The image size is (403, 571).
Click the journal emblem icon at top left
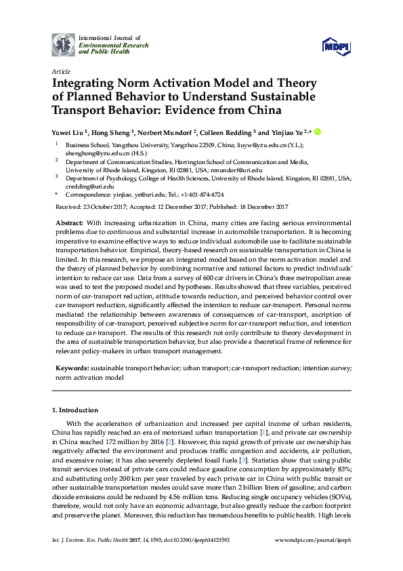(64, 44)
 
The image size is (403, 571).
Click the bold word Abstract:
(70, 223)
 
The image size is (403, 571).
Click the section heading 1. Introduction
(75, 410)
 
